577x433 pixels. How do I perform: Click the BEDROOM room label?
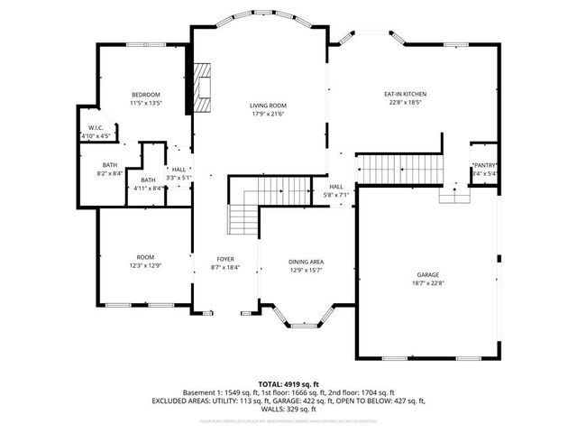click(145, 95)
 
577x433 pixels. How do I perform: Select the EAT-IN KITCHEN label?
click(405, 94)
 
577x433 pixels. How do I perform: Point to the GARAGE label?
click(427, 274)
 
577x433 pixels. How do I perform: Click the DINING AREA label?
click(306, 262)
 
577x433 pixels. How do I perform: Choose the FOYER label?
click(225, 259)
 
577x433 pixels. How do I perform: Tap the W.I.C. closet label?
click(96, 128)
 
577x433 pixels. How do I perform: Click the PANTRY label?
click(484, 165)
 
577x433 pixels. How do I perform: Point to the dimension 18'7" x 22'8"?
click(427, 282)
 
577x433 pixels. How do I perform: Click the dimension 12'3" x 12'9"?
click(146, 265)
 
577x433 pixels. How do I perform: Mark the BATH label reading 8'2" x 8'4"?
click(110, 165)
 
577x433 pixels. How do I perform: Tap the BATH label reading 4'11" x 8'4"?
click(147, 180)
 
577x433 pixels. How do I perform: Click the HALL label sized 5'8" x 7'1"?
click(335, 187)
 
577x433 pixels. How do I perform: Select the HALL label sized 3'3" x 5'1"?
click(179, 170)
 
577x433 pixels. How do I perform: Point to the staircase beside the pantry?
click(397, 168)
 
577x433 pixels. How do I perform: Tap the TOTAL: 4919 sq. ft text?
click(289, 383)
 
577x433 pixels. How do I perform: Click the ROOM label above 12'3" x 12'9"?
click(146, 257)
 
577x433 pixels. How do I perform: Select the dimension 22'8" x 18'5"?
click(405, 103)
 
